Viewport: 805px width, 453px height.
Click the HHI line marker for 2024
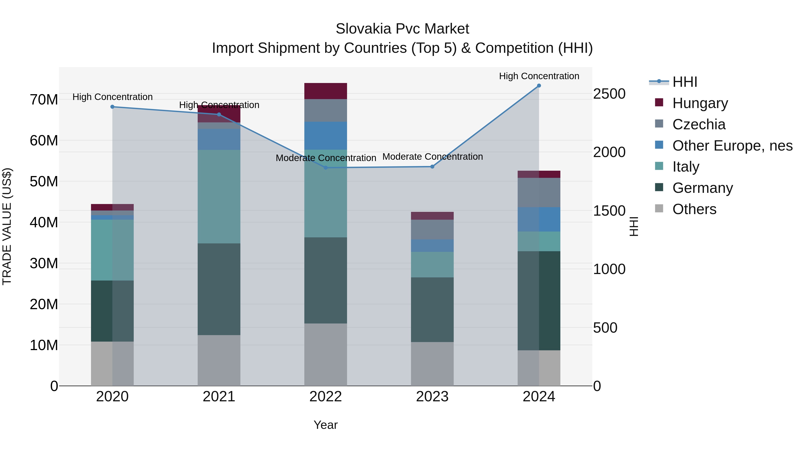539,86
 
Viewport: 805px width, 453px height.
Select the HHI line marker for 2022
326,168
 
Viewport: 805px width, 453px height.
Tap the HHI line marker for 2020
112,107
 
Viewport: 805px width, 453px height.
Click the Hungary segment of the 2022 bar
326,91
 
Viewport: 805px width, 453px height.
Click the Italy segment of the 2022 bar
326,193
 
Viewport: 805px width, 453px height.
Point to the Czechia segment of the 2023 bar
432,230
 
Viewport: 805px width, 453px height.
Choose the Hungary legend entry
700,103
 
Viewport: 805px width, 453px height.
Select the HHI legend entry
684,82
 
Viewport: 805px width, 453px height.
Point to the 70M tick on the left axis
44,100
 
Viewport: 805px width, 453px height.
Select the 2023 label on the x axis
432,397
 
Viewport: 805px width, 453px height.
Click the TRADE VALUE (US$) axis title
7,226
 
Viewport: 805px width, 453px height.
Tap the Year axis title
326,425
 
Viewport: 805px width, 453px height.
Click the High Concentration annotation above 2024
539,76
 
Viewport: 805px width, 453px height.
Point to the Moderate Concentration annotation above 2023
432,157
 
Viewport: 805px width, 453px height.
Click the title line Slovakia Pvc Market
402,29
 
